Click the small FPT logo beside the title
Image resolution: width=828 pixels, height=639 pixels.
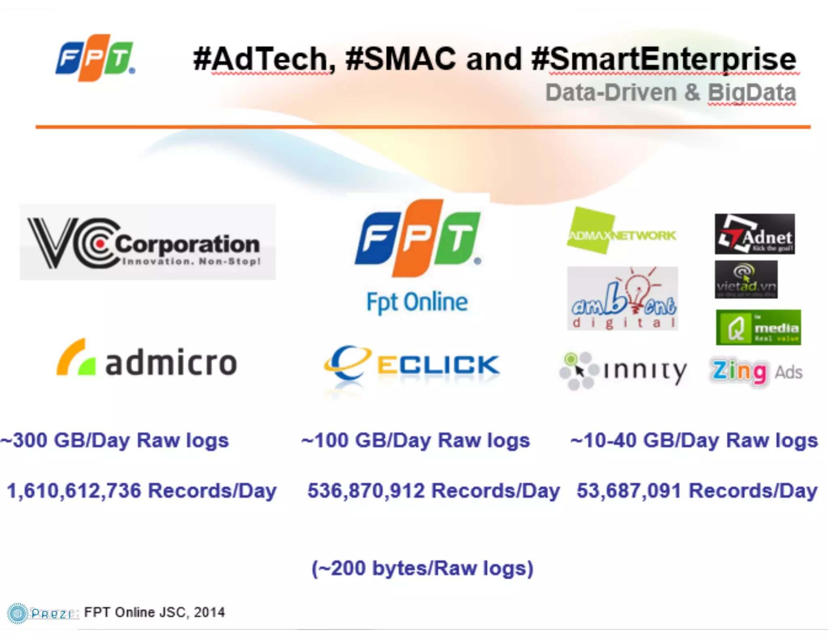pos(95,58)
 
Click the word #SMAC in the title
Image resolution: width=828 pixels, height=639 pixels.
pos(401,59)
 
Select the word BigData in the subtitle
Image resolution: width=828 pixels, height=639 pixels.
pos(752,92)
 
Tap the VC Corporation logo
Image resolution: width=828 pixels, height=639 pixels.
pos(148,242)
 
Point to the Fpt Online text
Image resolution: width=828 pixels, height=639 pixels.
pos(417,302)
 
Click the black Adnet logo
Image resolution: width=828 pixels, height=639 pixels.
pos(754,234)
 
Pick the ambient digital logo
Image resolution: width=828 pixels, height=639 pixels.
pos(622,299)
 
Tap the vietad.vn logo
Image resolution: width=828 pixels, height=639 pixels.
pos(746,280)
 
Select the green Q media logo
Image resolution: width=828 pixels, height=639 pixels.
pos(758,327)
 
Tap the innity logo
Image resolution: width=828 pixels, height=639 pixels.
pos(623,371)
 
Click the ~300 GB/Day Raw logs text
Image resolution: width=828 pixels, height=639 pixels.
pos(115,440)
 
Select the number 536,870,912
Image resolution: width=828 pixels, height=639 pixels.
pos(366,491)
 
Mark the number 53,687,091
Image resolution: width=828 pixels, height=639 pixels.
pos(629,491)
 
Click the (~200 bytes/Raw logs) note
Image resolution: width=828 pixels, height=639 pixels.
pos(422,568)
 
